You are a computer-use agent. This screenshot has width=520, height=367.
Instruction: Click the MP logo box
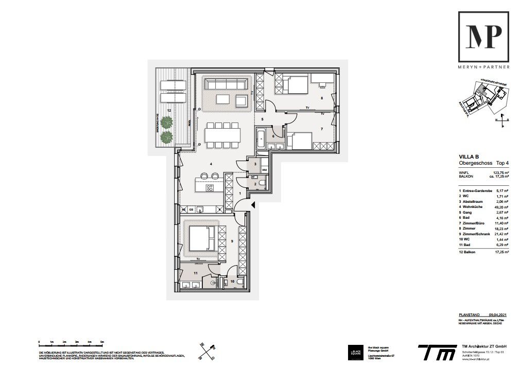(484, 37)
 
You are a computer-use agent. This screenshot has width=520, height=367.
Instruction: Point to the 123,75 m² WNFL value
(500, 173)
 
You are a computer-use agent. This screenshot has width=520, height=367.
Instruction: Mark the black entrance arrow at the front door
(252, 205)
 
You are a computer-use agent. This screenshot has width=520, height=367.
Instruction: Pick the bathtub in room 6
(261, 138)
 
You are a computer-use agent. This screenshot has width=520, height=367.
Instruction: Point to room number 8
(321, 98)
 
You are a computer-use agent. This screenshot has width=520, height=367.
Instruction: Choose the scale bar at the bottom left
(71, 343)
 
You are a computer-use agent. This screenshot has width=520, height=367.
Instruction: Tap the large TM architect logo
(437, 352)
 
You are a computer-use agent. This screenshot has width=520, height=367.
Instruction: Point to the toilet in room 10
(223, 283)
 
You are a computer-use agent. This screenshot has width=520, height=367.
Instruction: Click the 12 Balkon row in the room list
(483, 252)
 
